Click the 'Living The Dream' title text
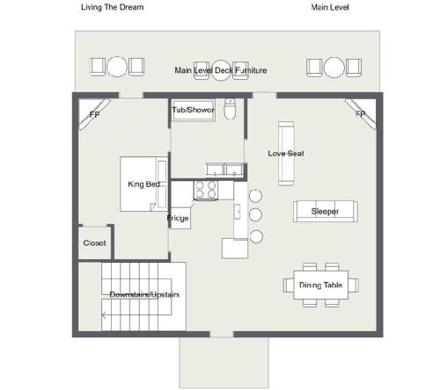pyautogui.click(x=113, y=7)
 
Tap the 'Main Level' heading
pyautogui.click(x=330, y=7)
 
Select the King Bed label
pyautogui.click(x=143, y=184)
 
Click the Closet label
pyautogui.click(x=94, y=242)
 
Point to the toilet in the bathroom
pyautogui.click(x=230, y=109)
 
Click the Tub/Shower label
pyautogui.click(x=194, y=110)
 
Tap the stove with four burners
pyautogui.click(x=206, y=190)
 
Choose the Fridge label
pyautogui.click(x=178, y=218)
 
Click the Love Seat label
pyautogui.click(x=286, y=154)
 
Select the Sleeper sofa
pyautogui.click(x=325, y=211)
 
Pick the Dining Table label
pyautogui.click(x=320, y=285)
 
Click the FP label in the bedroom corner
pyautogui.click(x=94, y=114)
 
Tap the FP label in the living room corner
pyautogui.click(x=361, y=114)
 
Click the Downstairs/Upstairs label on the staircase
pyautogui.click(x=144, y=294)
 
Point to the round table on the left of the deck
pyautogui.click(x=117, y=67)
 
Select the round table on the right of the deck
pyautogui.click(x=334, y=68)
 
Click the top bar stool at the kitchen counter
pyautogui.click(x=255, y=196)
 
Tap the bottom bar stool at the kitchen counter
pyautogui.click(x=256, y=236)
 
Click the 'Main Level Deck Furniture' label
pyautogui.click(x=221, y=70)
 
